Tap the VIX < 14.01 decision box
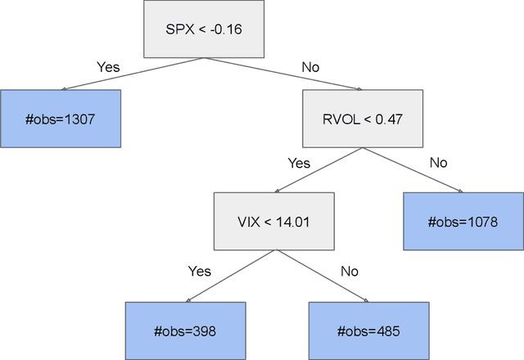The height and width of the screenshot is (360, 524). pyautogui.click(x=274, y=221)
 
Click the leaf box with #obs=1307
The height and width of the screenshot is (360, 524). pyautogui.click(x=61, y=119)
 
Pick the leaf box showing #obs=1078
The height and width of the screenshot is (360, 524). pyautogui.click(x=463, y=221)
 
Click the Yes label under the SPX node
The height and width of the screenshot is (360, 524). pyautogui.click(x=108, y=65)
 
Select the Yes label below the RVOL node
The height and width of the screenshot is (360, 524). pyautogui.click(x=299, y=163)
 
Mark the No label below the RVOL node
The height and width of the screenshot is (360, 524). pyautogui.click(x=439, y=163)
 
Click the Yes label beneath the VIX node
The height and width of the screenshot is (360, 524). pyautogui.click(x=200, y=271)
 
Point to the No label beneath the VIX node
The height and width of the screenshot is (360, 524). pyautogui.click(x=350, y=271)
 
